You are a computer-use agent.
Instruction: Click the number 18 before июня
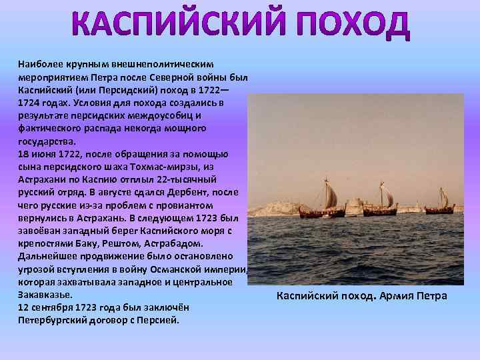tap(23, 153)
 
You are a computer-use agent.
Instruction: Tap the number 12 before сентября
tap(23, 307)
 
